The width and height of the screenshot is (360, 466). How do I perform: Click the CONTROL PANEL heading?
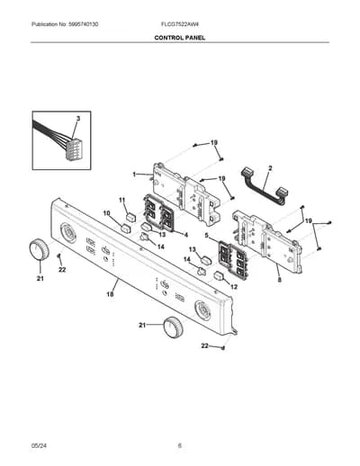pos(180,38)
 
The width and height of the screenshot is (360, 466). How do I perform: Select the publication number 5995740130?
pos(83,24)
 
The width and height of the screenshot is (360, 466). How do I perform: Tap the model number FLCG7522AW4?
pos(180,24)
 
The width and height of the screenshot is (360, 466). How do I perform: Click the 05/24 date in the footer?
pos(39,445)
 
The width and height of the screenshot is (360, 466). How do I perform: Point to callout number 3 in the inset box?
pos(78,119)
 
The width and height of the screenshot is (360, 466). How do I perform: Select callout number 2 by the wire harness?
pos(270,168)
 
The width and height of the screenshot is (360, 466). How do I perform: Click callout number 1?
pos(135,175)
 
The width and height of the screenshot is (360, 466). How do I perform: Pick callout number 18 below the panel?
pos(110,294)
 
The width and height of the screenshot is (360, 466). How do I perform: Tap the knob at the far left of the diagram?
pos(39,250)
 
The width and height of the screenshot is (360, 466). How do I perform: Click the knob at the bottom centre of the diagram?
pos(173,327)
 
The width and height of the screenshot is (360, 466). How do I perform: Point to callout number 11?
pos(121,200)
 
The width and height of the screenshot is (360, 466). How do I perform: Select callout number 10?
pos(107,213)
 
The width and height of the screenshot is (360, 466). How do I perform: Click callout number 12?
pos(234,287)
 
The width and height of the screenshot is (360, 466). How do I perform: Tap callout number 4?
pos(186,235)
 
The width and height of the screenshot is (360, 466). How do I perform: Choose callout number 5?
pos(206,236)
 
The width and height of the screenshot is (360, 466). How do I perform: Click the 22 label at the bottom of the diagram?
pos(204,345)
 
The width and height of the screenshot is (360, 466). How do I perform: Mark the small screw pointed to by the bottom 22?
pos(223,348)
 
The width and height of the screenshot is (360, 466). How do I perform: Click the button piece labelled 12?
pos(220,275)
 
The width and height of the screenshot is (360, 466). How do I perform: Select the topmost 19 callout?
pos(214,143)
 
